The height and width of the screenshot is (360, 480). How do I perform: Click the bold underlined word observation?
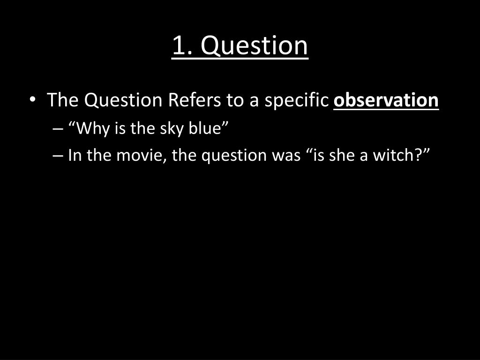pyautogui.click(x=386, y=100)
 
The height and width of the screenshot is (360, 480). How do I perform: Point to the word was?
pyautogui.click(x=285, y=155)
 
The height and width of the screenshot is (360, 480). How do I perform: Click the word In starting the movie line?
pyautogui.click(x=74, y=155)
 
